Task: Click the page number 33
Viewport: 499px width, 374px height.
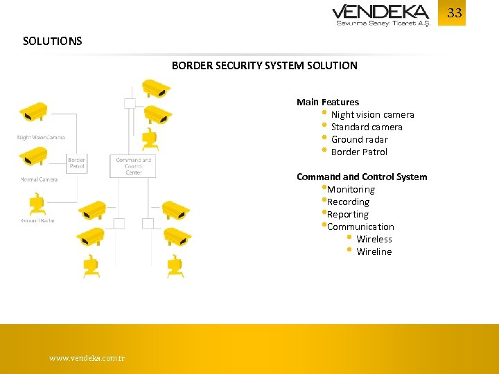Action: pyautogui.click(x=454, y=13)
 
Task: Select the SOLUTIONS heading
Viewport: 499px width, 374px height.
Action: pyautogui.click(x=52, y=41)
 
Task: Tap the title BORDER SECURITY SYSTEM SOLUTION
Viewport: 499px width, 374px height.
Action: pyautogui.click(x=264, y=66)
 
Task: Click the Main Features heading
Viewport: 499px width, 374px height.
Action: pyautogui.click(x=327, y=102)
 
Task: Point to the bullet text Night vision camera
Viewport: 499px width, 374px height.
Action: pyautogui.click(x=372, y=114)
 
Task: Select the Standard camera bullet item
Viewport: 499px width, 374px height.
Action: pyautogui.click(x=366, y=127)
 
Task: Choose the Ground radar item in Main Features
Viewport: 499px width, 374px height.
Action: pyautogui.click(x=359, y=139)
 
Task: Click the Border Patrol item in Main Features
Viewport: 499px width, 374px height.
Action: pyautogui.click(x=359, y=152)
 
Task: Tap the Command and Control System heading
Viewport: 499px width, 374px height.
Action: pyautogui.click(x=362, y=177)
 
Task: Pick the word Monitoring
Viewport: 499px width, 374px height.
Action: pyautogui.click(x=351, y=189)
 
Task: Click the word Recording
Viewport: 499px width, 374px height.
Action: pyautogui.click(x=348, y=202)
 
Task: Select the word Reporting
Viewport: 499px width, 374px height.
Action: pyautogui.click(x=348, y=214)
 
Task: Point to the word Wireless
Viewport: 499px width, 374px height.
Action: pyautogui.click(x=374, y=239)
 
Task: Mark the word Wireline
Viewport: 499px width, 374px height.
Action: pyautogui.click(x=374, y=251)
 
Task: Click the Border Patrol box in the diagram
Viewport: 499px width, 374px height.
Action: pyautogui.click(x=77, y=163)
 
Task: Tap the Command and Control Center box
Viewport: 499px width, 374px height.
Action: pyautogui.click(x=133, y=166)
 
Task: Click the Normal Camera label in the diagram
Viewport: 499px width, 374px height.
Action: pyautogui.click(x=39, y=179)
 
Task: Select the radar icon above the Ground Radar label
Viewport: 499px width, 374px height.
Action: pyautogui.click(x=36, y=205)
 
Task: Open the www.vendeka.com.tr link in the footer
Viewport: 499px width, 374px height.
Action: pyautogui.click(x=87, y=358)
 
